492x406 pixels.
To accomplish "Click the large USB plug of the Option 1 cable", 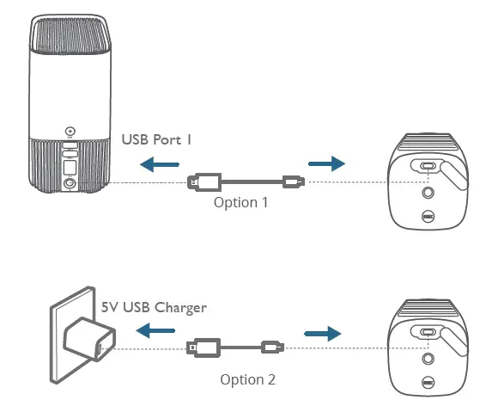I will pos(204,181).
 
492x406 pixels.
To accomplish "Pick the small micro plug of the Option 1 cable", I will pos(292,181).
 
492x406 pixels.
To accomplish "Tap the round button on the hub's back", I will pos(70,132).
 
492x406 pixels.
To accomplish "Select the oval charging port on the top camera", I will pos(428,166).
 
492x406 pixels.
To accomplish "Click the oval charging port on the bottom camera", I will pos(428,333).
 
